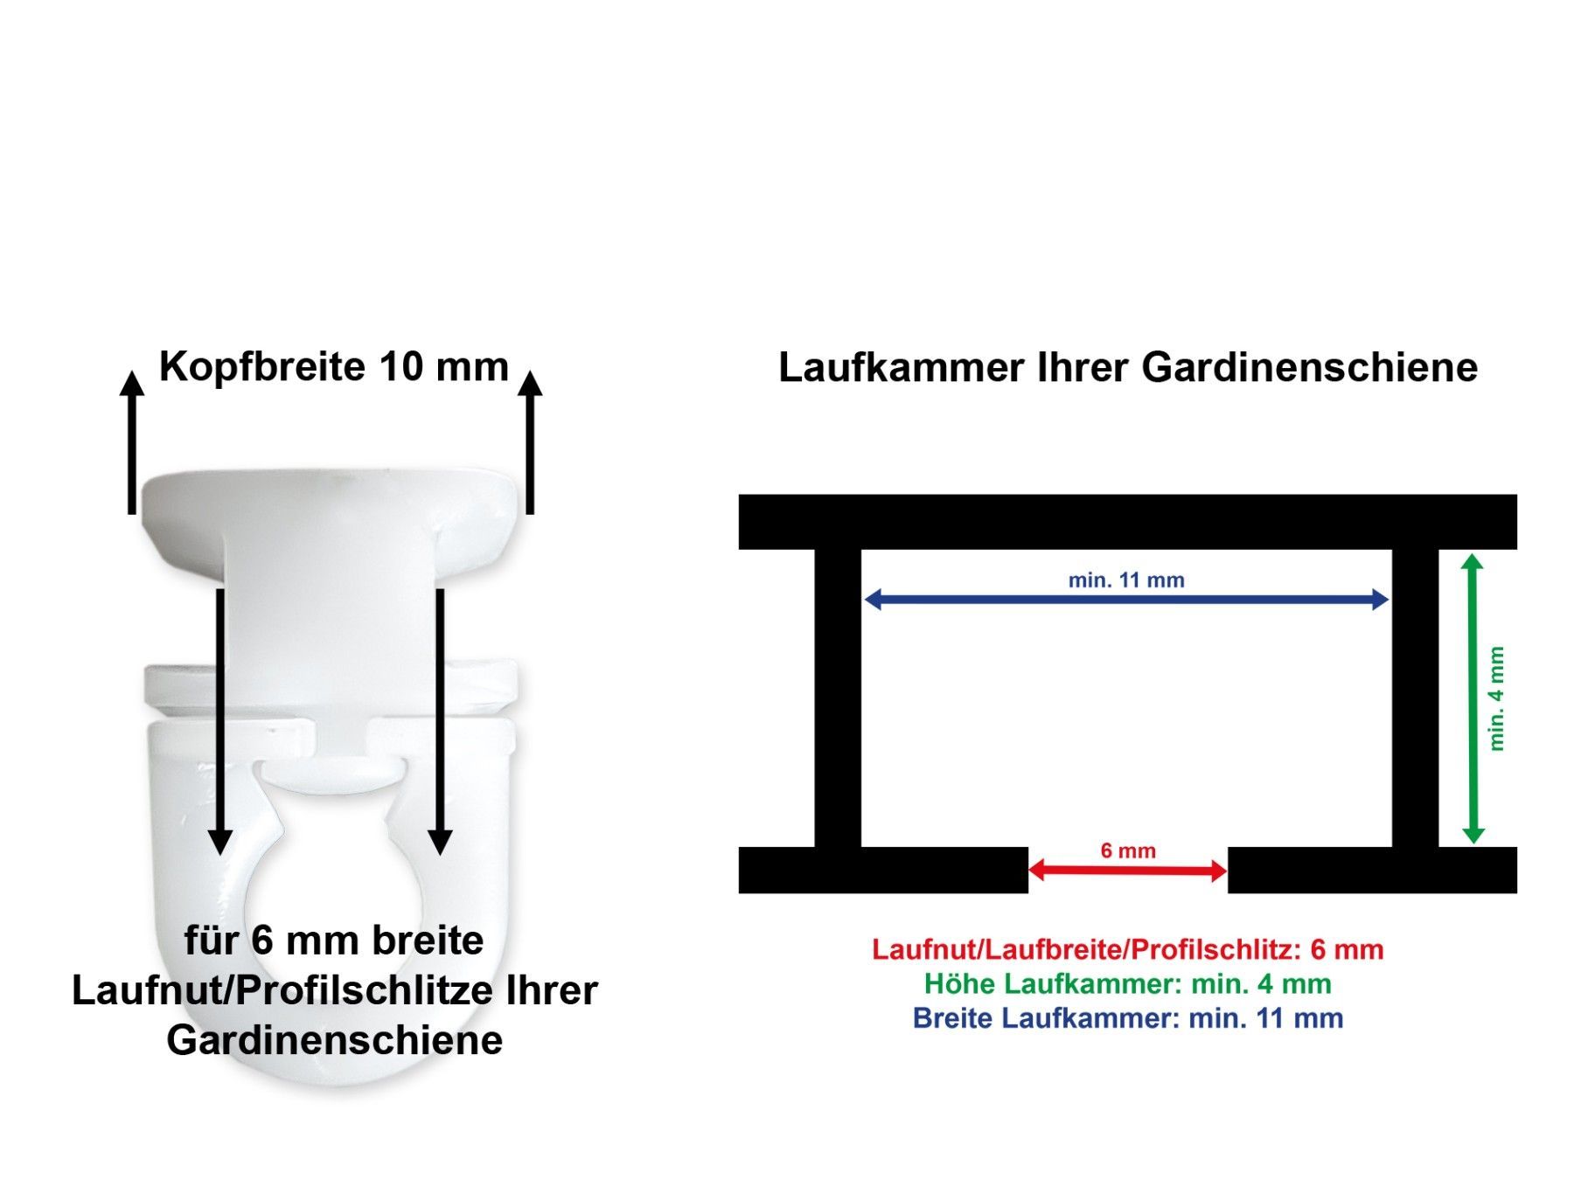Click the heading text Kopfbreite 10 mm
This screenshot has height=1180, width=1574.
[333, 366]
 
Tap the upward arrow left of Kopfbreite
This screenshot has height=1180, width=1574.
[132, 441]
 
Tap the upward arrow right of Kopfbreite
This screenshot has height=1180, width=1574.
[530, 441]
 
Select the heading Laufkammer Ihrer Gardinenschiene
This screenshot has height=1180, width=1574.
[1128, 367]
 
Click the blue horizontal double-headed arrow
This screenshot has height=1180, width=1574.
[1126, 599]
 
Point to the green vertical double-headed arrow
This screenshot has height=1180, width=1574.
[1473, 698]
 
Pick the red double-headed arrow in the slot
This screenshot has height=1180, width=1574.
[1128, 871]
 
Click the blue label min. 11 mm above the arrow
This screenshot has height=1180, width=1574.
[1126, 580]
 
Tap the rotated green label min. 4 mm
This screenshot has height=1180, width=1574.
[1496, 698]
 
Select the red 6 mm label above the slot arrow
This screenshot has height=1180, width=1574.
[1128, 850]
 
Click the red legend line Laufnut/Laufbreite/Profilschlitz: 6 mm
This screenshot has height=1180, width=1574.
[1128, 949]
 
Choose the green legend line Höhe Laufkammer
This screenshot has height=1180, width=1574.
[1128, 983]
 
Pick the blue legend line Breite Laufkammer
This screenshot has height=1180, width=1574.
[1128, 1018]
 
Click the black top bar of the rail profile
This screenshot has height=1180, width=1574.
[1128, 522]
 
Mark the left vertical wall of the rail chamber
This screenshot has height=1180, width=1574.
[838, 698]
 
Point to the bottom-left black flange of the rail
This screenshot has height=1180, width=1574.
[883, 870]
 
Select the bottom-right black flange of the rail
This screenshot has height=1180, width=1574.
[1372, 870]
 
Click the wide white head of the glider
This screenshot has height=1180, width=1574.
[333, 516]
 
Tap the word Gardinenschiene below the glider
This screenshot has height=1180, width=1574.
[334, 1040]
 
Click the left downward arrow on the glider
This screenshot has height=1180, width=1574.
[220, 721]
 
